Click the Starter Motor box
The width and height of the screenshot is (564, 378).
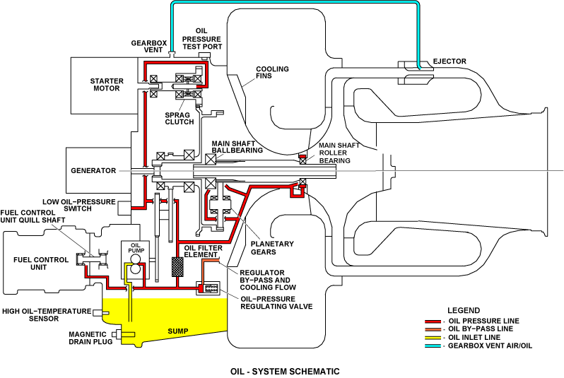click(x=105, y=85)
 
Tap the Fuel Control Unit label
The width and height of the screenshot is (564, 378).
click(x=41, y=264)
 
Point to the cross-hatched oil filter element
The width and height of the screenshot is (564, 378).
click(x=177, y=266)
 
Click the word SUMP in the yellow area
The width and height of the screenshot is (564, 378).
click(x=177, y=331)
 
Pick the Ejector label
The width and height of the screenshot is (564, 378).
click(x=450, y=61)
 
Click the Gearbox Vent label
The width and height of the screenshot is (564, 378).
click(x=149, y=47)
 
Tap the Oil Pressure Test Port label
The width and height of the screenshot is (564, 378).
click(x=202, y=39)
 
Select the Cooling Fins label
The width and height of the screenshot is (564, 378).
click(x=272, y=72)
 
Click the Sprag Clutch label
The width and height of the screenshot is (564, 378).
click(x=179, y=119)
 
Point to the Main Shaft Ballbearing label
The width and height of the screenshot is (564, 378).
click(x=237, y=147)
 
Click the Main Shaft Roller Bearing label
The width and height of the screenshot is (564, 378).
click(x=339, y=153)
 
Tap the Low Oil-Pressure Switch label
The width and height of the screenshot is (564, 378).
click(x=78, y=205)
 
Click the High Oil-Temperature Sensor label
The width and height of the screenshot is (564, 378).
click(x=47, y=314)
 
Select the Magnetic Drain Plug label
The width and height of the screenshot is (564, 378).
click(x=90, y=338)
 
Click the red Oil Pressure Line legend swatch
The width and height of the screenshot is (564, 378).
click(x=433, y=321)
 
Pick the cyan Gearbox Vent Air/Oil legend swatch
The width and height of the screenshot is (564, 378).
click(x=433, y=346)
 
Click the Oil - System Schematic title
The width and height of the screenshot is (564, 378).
click(x=285, y=371)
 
